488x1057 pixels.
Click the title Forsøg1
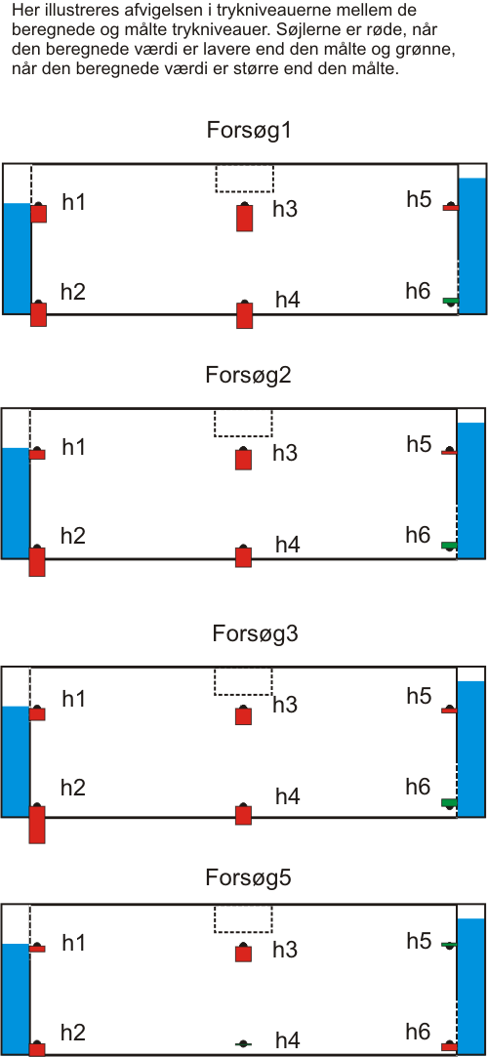(x=248, y=130)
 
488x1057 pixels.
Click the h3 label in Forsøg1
(x=285, y=210)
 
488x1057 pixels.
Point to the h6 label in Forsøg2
(x=418, y=535)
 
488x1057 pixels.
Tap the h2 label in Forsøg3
(x=73, y=788)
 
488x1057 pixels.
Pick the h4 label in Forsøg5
(x=287, y=1040)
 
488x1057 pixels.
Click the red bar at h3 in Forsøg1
(x=245, y=219)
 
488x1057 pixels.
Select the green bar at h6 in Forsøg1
(x=450, y=300)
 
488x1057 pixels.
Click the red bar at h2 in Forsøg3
(x=37, y=825)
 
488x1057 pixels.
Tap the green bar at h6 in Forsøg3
(x=449, y=802)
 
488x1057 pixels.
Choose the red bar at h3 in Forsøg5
(x=243, y=954)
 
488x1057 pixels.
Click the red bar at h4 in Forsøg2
(x=243, y=557)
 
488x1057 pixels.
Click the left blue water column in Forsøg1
(x=17, y=259)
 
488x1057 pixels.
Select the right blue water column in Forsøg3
(x=471, y=749)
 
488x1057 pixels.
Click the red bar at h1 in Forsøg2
(x=38, y=455)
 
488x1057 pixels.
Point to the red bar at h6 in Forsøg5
(x=449, y=1047)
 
